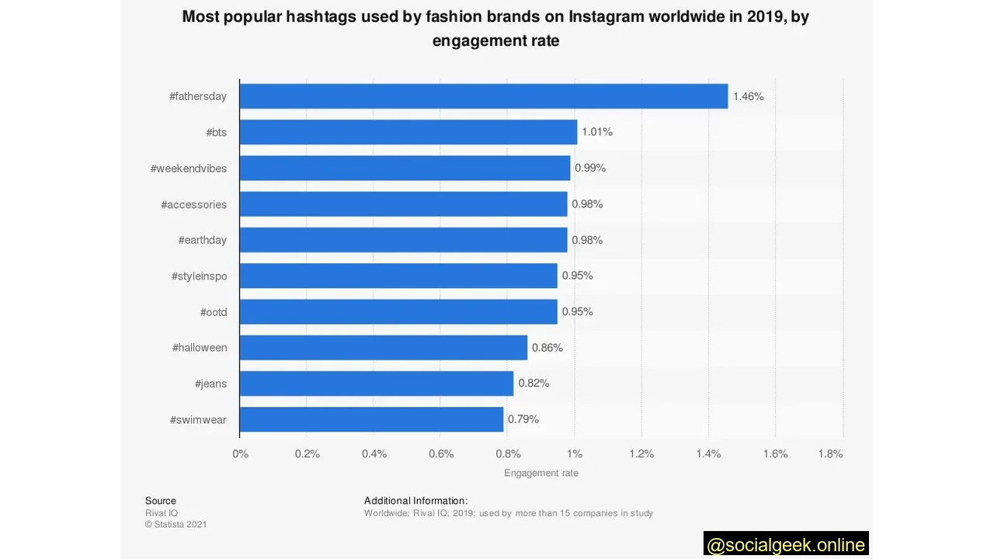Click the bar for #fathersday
coord(483,96)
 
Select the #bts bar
coord(408,132)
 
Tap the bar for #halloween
coord(383,347)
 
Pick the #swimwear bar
coord(371,419)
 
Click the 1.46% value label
coord(749,96)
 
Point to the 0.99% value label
coord(590,168)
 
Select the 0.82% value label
coord(533,383)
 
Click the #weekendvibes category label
coord(189,168)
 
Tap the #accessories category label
coord(194,204)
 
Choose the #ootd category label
coord(214,312)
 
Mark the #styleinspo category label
coord(200,276)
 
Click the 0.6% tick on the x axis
coord(441,453)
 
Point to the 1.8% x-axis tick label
coord(830,453)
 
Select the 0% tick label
coord(241,453)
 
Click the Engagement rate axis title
coord(541,473)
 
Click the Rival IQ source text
coord(162,513)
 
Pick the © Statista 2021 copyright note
coord(176,524)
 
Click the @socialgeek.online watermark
coord(786,545)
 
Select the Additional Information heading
coord(415,501)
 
